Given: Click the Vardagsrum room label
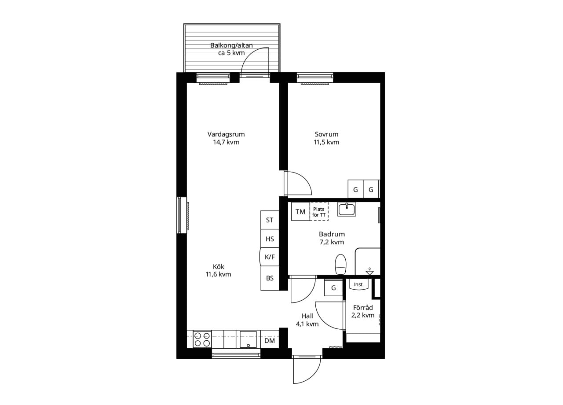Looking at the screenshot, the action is point(226,138).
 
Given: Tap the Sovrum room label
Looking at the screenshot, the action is point(326,138).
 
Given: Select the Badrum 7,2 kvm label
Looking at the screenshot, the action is point(332,238).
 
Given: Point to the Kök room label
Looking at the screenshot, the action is point(218,270).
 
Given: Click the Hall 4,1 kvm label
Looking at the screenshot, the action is point(307,320).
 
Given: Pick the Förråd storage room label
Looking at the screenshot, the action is point(363,311).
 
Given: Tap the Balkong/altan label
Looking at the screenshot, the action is point(231,49).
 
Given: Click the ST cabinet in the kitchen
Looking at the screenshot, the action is point(270,220).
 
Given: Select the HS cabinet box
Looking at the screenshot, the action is point(270,239).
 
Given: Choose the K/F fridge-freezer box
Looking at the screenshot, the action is point(270,257).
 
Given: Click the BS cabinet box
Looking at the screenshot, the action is point(270,278).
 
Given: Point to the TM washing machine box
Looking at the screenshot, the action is point(300,212).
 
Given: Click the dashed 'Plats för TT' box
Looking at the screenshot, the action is point(319,212).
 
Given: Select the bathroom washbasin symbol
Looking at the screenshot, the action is point(347,209).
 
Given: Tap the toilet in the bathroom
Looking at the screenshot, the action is point(340,265).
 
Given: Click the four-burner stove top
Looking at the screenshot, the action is point(202,339).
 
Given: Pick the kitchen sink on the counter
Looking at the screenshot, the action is point(248,339).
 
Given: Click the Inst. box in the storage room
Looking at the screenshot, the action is point(358,284).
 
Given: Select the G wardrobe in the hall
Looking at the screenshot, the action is point(333,288).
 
